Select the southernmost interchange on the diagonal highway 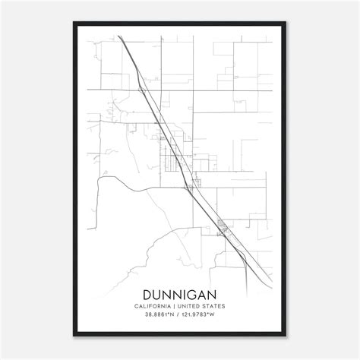(x=223, y=226)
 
